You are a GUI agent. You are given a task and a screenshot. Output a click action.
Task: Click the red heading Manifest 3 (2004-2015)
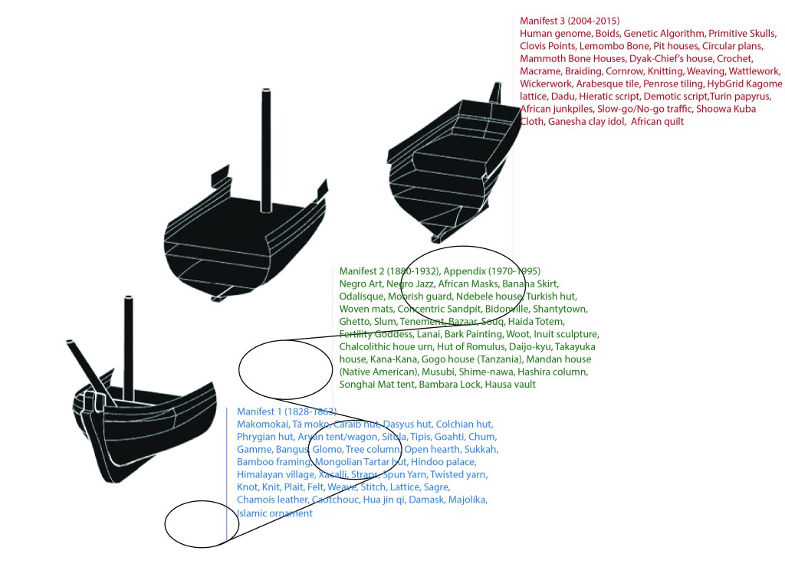pos(569,21)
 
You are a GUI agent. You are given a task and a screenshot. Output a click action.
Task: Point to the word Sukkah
pos(481,449)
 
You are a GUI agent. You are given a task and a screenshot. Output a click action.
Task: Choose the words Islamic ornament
pos(274,513)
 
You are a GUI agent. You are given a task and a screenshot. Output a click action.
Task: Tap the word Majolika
pos(465,500)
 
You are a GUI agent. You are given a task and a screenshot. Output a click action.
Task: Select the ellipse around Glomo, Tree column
pos(355,451)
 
